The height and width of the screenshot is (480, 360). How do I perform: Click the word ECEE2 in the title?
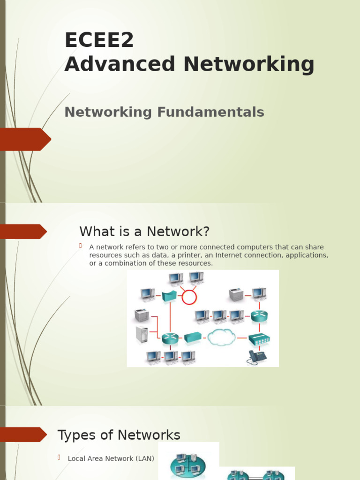99,40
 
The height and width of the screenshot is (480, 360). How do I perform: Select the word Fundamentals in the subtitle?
210,112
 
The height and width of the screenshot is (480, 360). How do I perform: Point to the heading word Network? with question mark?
178,232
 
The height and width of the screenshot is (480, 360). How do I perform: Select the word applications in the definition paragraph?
306,255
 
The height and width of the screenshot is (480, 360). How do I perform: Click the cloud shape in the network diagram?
221,337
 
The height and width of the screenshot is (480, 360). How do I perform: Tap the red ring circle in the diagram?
189,297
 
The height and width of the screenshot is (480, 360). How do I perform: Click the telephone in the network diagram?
256,357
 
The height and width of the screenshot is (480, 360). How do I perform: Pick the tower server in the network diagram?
142,334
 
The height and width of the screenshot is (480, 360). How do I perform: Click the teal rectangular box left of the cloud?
193,337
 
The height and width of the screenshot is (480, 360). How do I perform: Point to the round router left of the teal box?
170,338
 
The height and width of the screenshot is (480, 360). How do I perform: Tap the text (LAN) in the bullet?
145,459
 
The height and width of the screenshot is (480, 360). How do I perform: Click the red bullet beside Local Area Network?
60,457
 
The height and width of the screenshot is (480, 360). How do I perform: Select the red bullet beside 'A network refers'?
81,246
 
